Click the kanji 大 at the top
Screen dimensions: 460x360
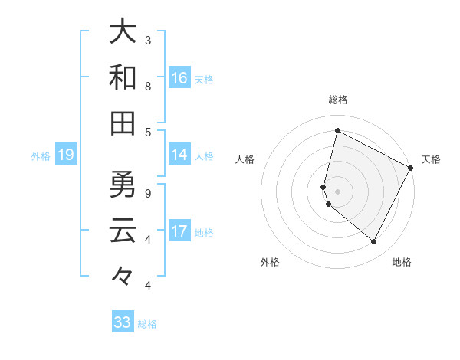click(123, 32)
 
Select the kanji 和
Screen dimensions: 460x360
click(123, 77)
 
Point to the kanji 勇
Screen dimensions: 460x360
click(123, 185)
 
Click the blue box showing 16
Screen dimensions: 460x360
click(179, 77)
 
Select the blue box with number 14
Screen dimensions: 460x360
click(179, 155)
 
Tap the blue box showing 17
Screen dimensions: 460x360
click(179, 231)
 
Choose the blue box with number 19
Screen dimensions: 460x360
click(66, 155)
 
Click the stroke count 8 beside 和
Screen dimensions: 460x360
click(148, 86)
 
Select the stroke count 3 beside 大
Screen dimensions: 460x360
click(148, 40)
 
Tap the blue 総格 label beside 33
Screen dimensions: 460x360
click(147, 324)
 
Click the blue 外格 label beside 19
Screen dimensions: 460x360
click(41, 156)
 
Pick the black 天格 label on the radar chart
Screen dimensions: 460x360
click(431, 159)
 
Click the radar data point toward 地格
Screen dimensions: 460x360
click(374, 242)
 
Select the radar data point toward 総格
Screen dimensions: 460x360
click(337, 130)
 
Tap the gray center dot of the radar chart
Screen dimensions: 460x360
click(337, 191)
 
